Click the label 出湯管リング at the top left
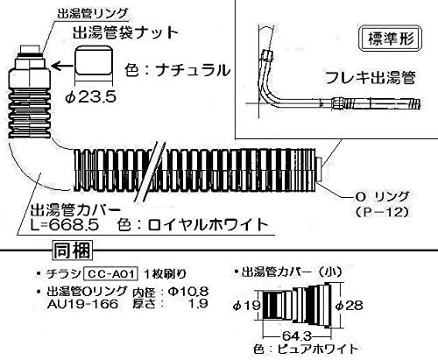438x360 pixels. tap(92, 13)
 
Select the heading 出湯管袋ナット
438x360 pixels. tap(125, 32)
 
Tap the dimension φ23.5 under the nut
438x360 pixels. tap(90, 96)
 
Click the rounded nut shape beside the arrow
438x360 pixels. tap(94, 62)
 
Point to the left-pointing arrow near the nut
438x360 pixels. tap(63, 67)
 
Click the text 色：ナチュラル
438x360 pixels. tap(178, 70)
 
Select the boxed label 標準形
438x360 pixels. tap(391, 39)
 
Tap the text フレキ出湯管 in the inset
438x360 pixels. tap(371, 78)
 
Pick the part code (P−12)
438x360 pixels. tap(381, 212)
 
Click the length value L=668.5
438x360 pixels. tap(65, 225)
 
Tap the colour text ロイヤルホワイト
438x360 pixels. tap(208, 225)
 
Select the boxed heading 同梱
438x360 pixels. tap(73, 251)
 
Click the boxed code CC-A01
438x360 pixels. tap(110, 274)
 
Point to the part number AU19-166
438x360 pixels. tap(82, 304)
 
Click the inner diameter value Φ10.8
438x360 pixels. tap(188, 291)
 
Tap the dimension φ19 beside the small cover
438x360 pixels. tap(246, 306)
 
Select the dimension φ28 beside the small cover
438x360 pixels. tap(349, 306)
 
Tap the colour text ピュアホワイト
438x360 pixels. tap(318, 349)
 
